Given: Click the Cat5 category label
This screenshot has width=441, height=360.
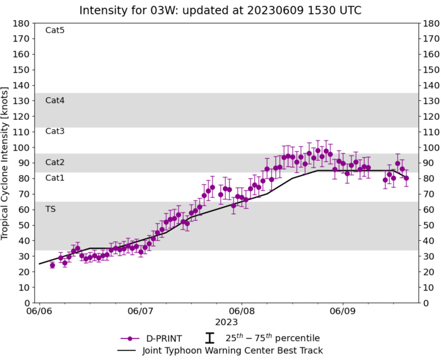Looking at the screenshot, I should (x=55, y=30).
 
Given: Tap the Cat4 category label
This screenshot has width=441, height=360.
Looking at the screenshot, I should (x=55, y=100).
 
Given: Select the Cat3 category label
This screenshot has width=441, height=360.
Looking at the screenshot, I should (x=55, y=131).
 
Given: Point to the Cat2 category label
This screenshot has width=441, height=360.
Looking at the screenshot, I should (x=55, y=162).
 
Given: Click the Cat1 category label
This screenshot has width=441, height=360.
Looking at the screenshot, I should (x=55, y=178).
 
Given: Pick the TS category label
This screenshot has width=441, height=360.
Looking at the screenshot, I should (x=50, y=209).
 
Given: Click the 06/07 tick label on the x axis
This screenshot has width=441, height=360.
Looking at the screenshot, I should (x=140, y=311).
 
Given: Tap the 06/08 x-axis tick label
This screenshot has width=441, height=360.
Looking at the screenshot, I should (x=241, y=311).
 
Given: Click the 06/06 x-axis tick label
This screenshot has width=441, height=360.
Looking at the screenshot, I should (x=39, y=311).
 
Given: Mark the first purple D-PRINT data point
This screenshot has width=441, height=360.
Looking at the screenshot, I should (x=52, y=265).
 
